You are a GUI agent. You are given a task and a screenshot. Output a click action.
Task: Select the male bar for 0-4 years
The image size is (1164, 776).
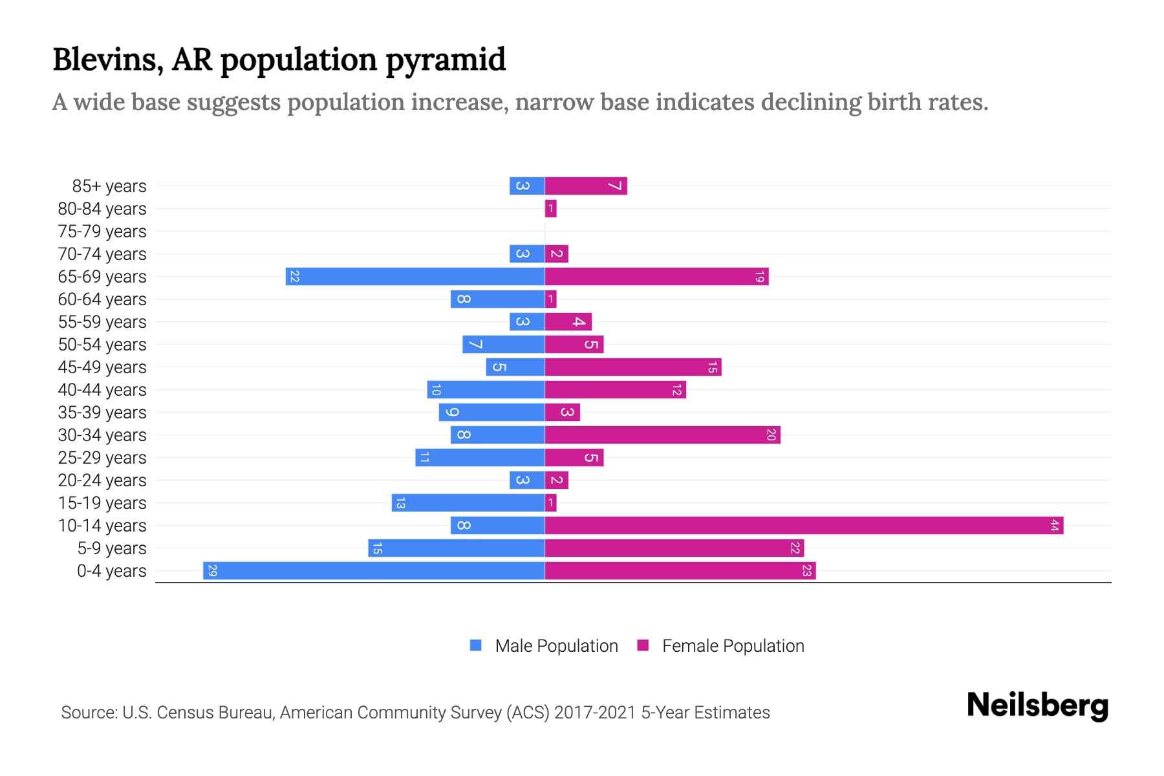coord(374,570)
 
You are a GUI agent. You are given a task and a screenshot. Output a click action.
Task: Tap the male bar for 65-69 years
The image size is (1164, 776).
coord(415,276)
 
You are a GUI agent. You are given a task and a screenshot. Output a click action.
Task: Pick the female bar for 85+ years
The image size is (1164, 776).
coord(586,186)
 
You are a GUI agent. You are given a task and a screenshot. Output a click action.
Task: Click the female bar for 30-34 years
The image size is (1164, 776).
coord(662,435)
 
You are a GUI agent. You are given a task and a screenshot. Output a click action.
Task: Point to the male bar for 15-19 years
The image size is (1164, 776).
coord(468,502)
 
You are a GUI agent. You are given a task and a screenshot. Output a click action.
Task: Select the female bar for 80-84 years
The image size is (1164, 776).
coord(550,208)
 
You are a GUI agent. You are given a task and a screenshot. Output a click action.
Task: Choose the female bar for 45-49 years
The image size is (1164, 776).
coord(633,367)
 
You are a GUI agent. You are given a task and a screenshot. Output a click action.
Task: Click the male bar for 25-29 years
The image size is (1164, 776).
coord(480,457)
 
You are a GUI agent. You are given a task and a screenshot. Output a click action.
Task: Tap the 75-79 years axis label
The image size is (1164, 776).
coord(102,232)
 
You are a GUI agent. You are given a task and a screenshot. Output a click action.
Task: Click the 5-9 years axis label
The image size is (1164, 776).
coord(111,548)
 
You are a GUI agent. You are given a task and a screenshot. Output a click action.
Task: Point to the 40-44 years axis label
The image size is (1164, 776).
coord(102,390)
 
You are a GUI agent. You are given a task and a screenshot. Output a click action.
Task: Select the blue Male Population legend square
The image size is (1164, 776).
coord(476,645)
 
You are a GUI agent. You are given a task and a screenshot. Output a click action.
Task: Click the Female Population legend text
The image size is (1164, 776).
coord(733,645)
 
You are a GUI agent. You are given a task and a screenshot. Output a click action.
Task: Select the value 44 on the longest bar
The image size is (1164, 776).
coord(1054,525)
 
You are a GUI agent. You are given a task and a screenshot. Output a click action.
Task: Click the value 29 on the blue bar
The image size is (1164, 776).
coord(213,570)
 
